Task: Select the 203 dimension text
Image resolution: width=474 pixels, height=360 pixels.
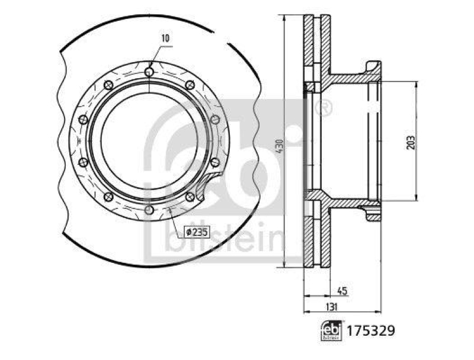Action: click(x=410, y=142)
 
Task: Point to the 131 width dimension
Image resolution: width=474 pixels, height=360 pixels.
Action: click(x=332, y=306)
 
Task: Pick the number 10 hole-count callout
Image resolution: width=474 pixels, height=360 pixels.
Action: click(x=165, y=38)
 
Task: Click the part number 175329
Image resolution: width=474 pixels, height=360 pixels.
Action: click(x=371, y=330)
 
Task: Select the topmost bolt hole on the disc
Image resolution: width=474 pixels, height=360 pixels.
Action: click(x=149, y=72)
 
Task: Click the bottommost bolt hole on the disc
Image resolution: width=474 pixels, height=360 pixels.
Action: click(x=149, y=211)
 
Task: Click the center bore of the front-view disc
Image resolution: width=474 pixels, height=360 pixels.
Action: click(x=149, y=142)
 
